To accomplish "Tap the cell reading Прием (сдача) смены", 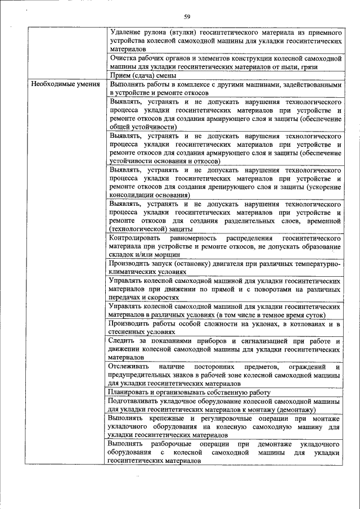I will click(x=144, y=75).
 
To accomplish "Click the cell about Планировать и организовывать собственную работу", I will click(x=191, y=392).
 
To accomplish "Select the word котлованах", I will click(x=301, y=324).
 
